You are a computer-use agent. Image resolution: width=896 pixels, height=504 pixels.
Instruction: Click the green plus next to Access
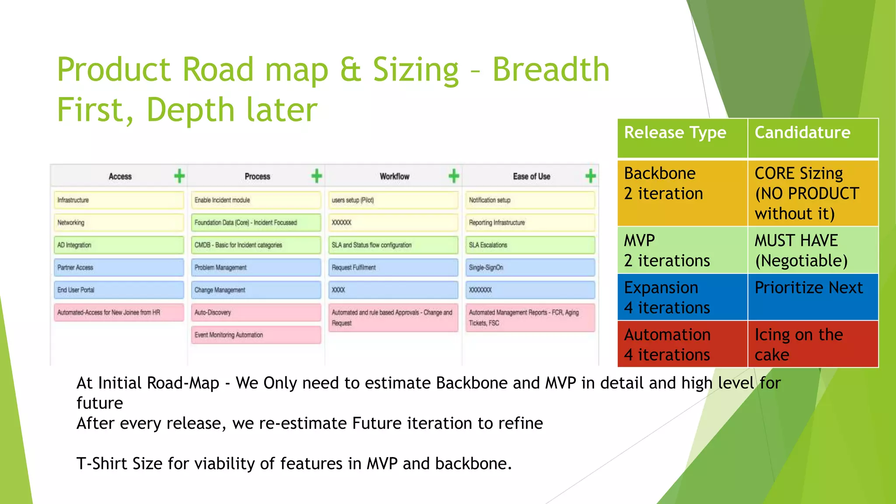point(179,176)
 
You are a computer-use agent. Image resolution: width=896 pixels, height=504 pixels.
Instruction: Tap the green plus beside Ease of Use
point(591,176)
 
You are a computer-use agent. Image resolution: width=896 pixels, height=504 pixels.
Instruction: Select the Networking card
point(119,223)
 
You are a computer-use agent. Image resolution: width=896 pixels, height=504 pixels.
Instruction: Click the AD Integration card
point(119,245)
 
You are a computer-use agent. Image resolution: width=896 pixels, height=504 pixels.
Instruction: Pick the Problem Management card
point(256,267)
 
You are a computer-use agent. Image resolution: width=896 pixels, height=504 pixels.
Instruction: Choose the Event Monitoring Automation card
point(256,335)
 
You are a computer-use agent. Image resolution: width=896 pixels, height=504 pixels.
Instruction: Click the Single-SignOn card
point(530,267)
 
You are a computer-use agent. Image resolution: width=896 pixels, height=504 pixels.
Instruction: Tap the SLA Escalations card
point(530,245)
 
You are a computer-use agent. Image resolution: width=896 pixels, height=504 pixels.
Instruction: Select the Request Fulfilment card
point(393,267)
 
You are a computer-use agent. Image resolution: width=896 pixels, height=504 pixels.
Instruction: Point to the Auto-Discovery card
point(256,312)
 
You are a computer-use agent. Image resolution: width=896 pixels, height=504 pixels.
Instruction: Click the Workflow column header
point(394,176)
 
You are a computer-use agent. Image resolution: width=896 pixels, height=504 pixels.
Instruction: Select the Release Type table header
point(682,138)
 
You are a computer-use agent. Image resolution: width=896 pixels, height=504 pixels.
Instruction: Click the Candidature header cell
point(812,138)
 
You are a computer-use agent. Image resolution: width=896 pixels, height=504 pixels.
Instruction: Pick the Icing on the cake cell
point(812,344)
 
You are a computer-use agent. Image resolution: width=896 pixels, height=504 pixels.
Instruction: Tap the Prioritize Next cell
point(812,297)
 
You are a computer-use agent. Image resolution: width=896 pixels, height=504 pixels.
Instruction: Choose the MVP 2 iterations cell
point(682,250)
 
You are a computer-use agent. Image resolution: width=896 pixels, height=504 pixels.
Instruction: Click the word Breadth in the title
point(551,70)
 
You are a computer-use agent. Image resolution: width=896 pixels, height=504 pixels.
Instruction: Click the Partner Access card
point(119,267)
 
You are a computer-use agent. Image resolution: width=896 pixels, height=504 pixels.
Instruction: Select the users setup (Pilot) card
point(393,200)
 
